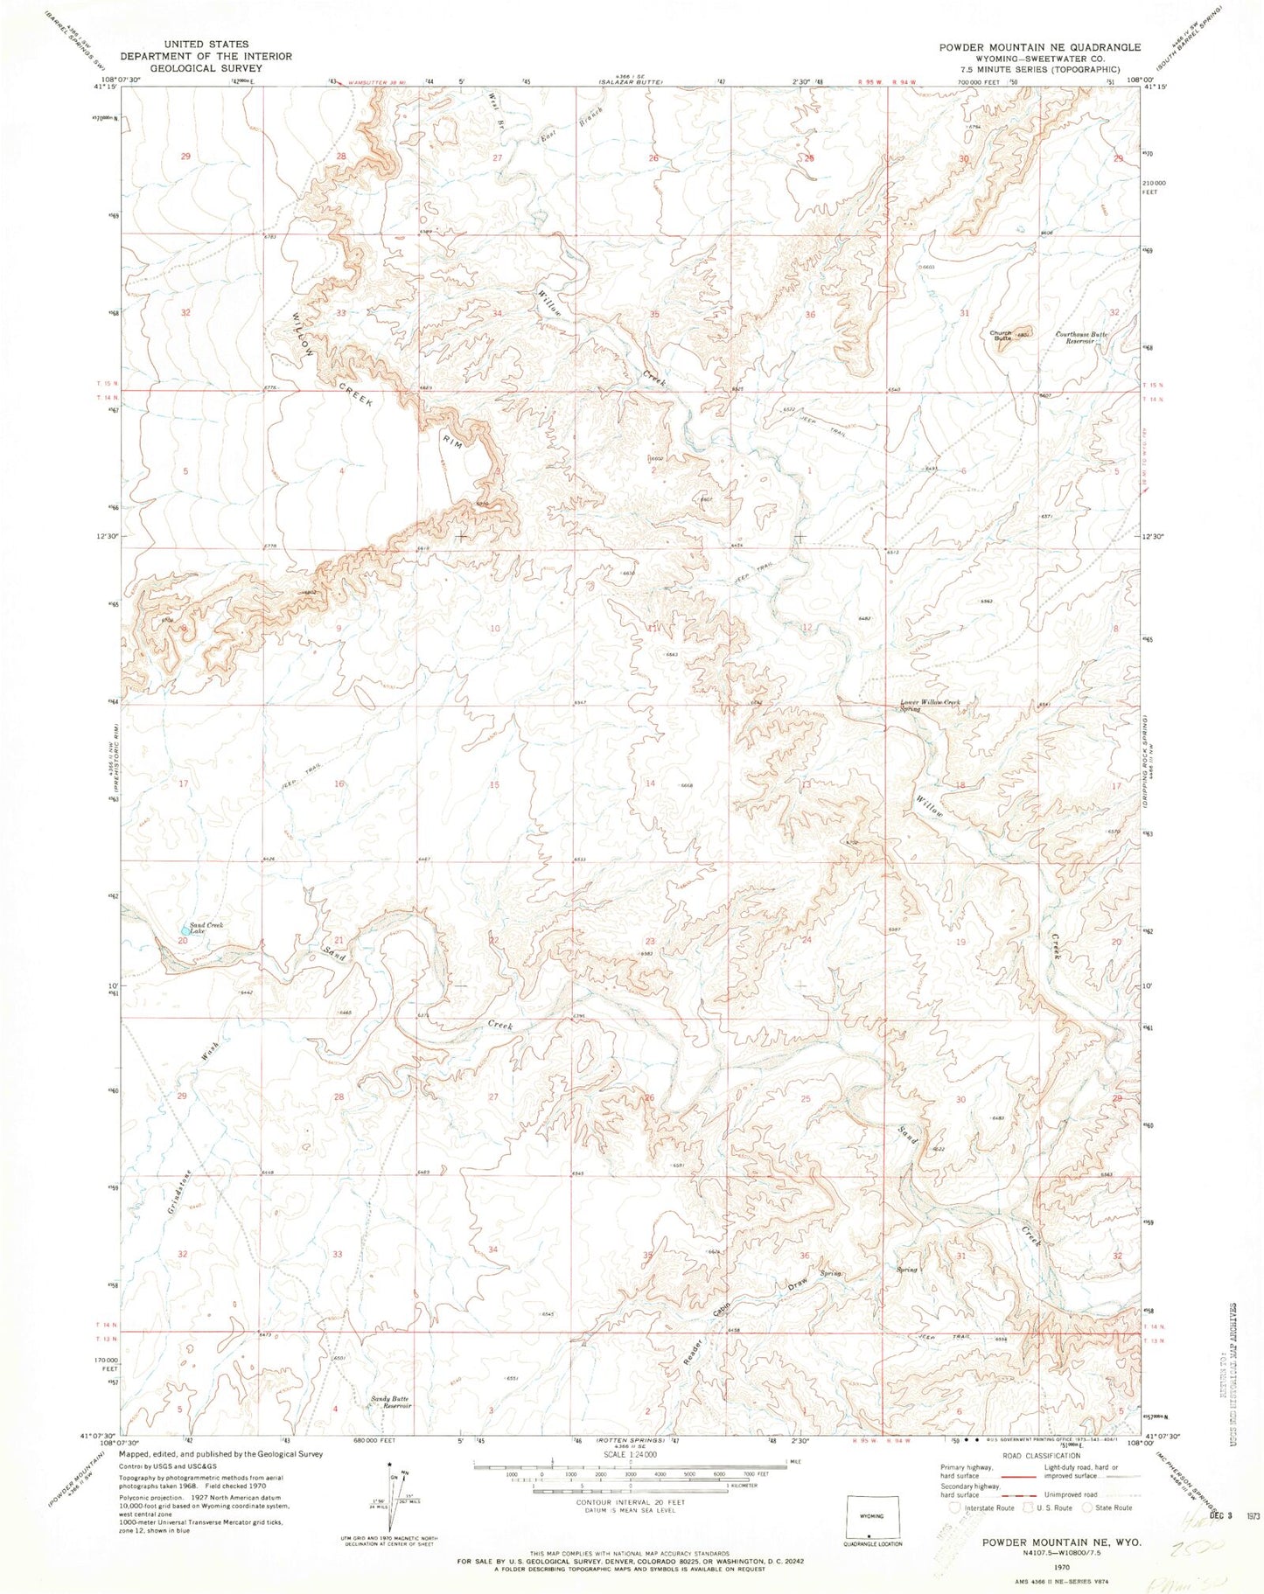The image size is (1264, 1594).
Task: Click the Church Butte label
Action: (1000, 334)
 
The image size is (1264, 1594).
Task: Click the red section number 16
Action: (339, 783)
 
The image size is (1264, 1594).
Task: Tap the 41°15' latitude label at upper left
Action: (107, 87)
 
